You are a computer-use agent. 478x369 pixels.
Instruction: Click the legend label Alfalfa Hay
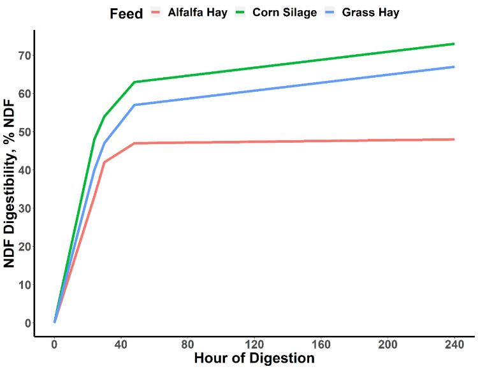click(x=198, y=13)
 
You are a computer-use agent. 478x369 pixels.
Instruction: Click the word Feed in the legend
click(x=126, y=13)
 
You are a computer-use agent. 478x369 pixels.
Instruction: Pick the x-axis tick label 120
click(x=254, y=345)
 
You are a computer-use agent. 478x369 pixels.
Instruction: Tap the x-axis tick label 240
click(x=454, y=345)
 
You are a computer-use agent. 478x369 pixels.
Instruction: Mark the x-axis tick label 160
click(x=321, y=345)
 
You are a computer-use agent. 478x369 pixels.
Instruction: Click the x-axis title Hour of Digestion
click(x=254, y=358)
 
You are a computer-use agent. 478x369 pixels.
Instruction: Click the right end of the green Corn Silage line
click(x=454, y=44)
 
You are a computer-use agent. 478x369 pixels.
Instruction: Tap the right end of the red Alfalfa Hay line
click(x=454, y=139)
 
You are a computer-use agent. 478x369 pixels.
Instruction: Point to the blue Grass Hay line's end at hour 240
click(x=454, y=67)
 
